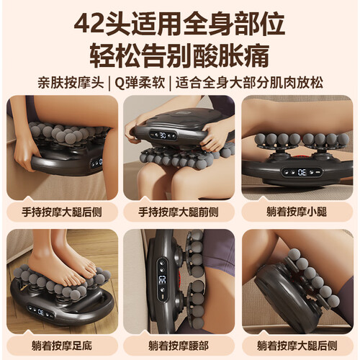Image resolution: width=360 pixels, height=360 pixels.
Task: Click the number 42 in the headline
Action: (x=89, y=24)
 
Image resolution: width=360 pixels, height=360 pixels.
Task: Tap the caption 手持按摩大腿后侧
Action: (x=62, y=212)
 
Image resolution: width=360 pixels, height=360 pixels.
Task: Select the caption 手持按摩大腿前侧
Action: (x=179, y=212)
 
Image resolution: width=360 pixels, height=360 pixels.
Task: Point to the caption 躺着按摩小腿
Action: (x=297, y=212)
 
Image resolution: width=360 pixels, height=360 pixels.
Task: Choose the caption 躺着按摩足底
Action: (x=62, y=346)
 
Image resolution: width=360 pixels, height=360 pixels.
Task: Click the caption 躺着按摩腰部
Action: (x=179, y=346)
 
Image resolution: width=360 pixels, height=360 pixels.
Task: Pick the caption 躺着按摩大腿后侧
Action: (x=297, y=346)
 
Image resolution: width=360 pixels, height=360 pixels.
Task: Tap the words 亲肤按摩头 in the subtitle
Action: (x=71, y=83)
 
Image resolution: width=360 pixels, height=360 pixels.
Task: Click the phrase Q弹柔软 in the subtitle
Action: (x=140, y=83)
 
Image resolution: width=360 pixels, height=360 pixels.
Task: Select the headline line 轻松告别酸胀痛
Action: (x=179, y=56)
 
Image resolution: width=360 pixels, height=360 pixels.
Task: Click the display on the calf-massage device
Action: (x=302, y=172)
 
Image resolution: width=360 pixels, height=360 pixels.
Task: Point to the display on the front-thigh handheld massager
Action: (x=163, y=135)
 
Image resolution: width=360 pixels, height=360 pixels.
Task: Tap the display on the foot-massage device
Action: (x=41, y=312)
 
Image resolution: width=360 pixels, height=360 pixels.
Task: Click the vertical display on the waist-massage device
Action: (x=162, y=279)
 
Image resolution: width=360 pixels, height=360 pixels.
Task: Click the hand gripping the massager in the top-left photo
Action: (x=24, y=153)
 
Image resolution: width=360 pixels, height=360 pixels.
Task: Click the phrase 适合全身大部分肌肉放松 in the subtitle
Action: (x=249, y=83)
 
